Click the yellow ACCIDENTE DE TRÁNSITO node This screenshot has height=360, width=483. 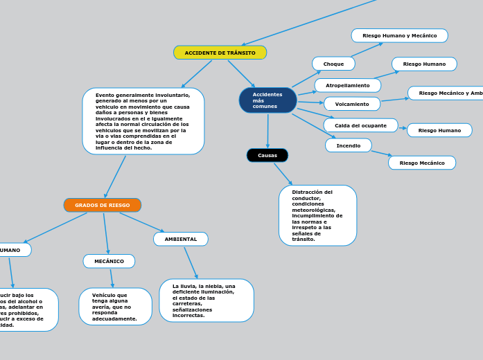pos(220,53)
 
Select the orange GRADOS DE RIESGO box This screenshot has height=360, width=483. pos(103,205)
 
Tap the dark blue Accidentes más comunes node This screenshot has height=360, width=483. pos(267,100)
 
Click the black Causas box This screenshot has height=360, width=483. pos(267,155)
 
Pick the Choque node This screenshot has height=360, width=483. pos(333,64)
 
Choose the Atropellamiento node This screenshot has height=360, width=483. pos(348,85)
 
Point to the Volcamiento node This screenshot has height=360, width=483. pos(352,104)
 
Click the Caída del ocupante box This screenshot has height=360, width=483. pos(360,125)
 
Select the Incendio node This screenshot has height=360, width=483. pos(349,145)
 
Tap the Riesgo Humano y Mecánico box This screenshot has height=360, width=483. pos(399,35)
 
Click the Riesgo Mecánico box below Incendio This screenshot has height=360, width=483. pos(422,163)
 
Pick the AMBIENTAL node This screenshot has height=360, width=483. pos(181,239)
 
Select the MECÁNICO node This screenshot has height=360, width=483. pos(109,261)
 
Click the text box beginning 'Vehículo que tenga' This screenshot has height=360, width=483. pos(115,307)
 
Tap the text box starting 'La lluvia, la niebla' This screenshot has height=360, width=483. pos(207,300)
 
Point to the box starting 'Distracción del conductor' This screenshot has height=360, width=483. pos(317,215)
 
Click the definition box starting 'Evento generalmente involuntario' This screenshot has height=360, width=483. pos(143,121)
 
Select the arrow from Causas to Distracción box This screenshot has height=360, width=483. pos(283,174)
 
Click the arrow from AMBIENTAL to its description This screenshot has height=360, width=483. pos(191,262)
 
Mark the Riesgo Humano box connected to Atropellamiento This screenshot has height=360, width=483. pos(424,64)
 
